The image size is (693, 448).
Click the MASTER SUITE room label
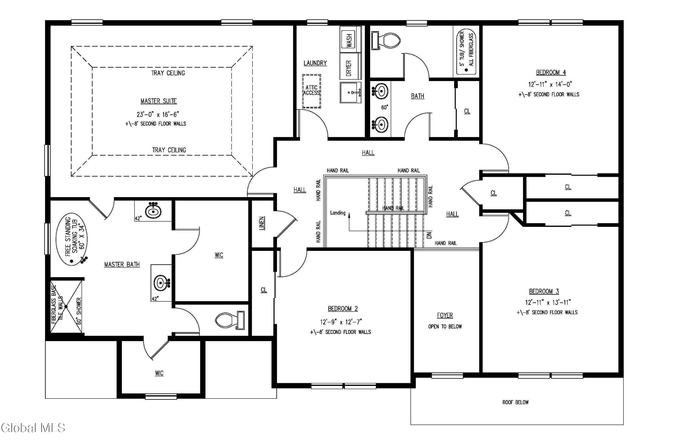point(158,101)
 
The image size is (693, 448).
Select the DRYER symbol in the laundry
point(350,66)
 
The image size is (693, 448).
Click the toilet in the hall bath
point(386,40)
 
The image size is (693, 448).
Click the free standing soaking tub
point(72,239)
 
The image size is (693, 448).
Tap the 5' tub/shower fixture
point(466,52)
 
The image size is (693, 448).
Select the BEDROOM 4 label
point(551,72)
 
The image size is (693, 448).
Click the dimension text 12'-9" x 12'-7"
point(341,322)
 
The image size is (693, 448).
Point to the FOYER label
point(445,315)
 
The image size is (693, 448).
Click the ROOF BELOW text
point(515,402)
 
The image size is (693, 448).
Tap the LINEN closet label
point(262,223)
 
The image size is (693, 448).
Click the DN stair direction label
point(429,235)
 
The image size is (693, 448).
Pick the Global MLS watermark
point(33,428)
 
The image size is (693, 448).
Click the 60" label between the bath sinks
point(385,107)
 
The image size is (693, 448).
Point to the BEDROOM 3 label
point(544,291)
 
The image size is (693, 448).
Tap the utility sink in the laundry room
point(351,93)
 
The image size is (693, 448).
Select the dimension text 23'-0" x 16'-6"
point(158,114)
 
